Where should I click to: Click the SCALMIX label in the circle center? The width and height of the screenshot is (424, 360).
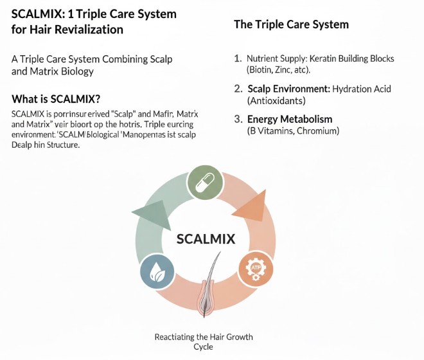(206, 240)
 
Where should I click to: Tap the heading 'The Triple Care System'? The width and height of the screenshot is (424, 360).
(291, 24)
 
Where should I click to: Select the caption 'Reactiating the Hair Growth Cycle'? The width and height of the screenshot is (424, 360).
(205, 341)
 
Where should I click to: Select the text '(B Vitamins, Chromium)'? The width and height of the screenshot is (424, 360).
(293, 131)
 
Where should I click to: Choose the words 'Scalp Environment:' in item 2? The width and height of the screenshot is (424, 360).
(289, 89)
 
